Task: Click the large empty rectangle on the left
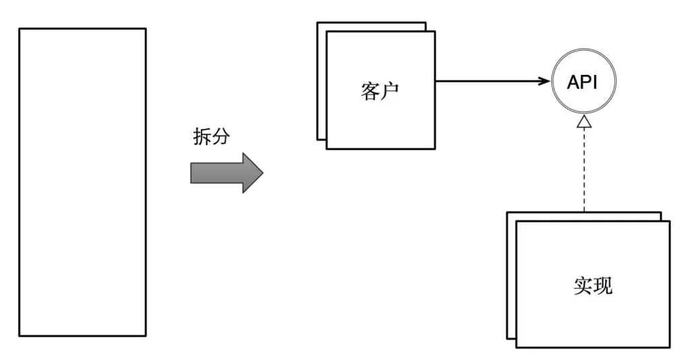pos(82,182)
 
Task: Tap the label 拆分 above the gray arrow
pos(211,138)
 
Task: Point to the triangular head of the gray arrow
pos(251,173)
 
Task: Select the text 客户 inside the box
pos(379,92)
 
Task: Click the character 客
pos(370,92)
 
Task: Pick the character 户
pos(389,92)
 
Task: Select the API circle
pos(583,82)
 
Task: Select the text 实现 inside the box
pos(593,286)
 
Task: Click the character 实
pos(584,286)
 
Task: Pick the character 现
pos(603,286)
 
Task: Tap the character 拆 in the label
pos(201,138)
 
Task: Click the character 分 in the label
pos(221,138)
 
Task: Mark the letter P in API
pos(586,82)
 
